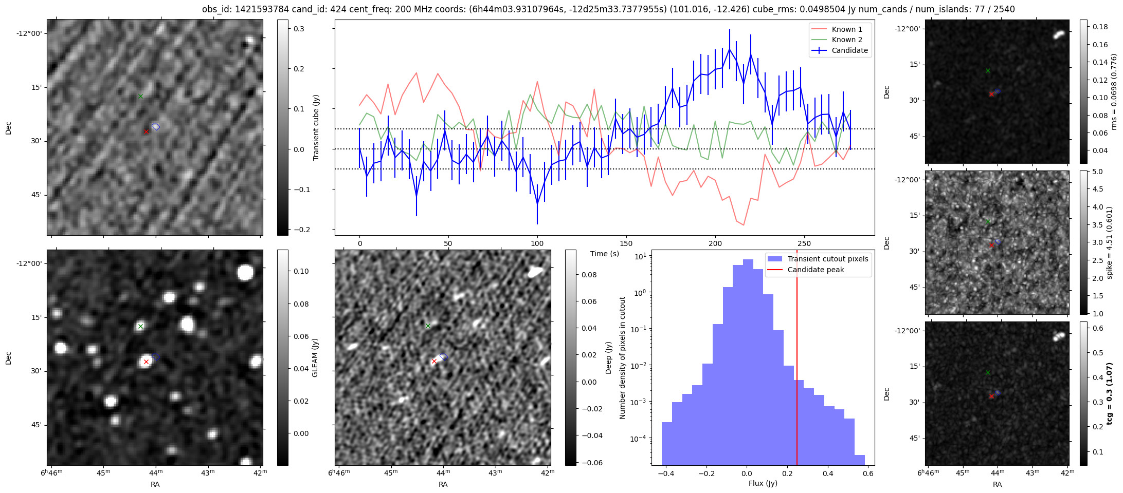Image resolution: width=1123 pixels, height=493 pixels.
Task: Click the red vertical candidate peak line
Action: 797,359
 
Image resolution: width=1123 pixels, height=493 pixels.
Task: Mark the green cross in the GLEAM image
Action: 140,326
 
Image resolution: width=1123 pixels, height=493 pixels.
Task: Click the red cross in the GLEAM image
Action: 146,362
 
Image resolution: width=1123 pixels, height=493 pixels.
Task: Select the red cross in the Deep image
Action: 434,362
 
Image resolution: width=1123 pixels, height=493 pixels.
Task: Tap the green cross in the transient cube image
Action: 140,96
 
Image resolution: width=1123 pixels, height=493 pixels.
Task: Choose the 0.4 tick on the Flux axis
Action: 828,473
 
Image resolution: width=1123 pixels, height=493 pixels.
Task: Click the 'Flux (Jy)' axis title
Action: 763,483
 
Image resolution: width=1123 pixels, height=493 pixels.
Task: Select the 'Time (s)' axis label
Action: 605,254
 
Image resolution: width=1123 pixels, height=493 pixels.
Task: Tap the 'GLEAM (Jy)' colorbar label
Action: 315,357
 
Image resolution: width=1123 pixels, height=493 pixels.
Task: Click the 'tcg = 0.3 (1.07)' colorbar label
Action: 1110,393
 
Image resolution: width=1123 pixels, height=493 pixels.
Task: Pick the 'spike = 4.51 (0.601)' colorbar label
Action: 1110,242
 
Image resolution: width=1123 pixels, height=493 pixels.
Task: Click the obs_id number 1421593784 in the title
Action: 265,9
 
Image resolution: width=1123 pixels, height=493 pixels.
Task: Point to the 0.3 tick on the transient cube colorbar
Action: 299,29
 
